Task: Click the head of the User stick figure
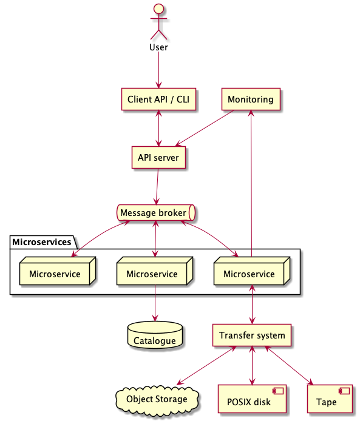tap(158, 8)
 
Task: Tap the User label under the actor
tap(158, 47)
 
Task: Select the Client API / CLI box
tap(158, 99)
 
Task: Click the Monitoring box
tap(251, 99)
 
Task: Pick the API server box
tap(158, 157)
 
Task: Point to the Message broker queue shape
tap(156, 213)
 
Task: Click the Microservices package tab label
tap(42, 242)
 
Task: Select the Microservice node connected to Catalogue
tap(155, 271)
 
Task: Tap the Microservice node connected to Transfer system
tap(252, 271)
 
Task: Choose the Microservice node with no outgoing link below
tap(58, 271)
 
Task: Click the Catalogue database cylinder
tap(155, 335)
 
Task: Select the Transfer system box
tap(252, 335)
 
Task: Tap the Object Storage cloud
tap(157, 400)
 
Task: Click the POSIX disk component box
tap(252, 399)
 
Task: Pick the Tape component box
tap(330, 399)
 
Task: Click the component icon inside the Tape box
tap(344, 391)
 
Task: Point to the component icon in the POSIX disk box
tap(278, 391)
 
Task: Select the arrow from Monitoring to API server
tap(205, 129)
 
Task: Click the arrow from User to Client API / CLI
tap(159, 70)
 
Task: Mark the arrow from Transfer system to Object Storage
tap(206, 365)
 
